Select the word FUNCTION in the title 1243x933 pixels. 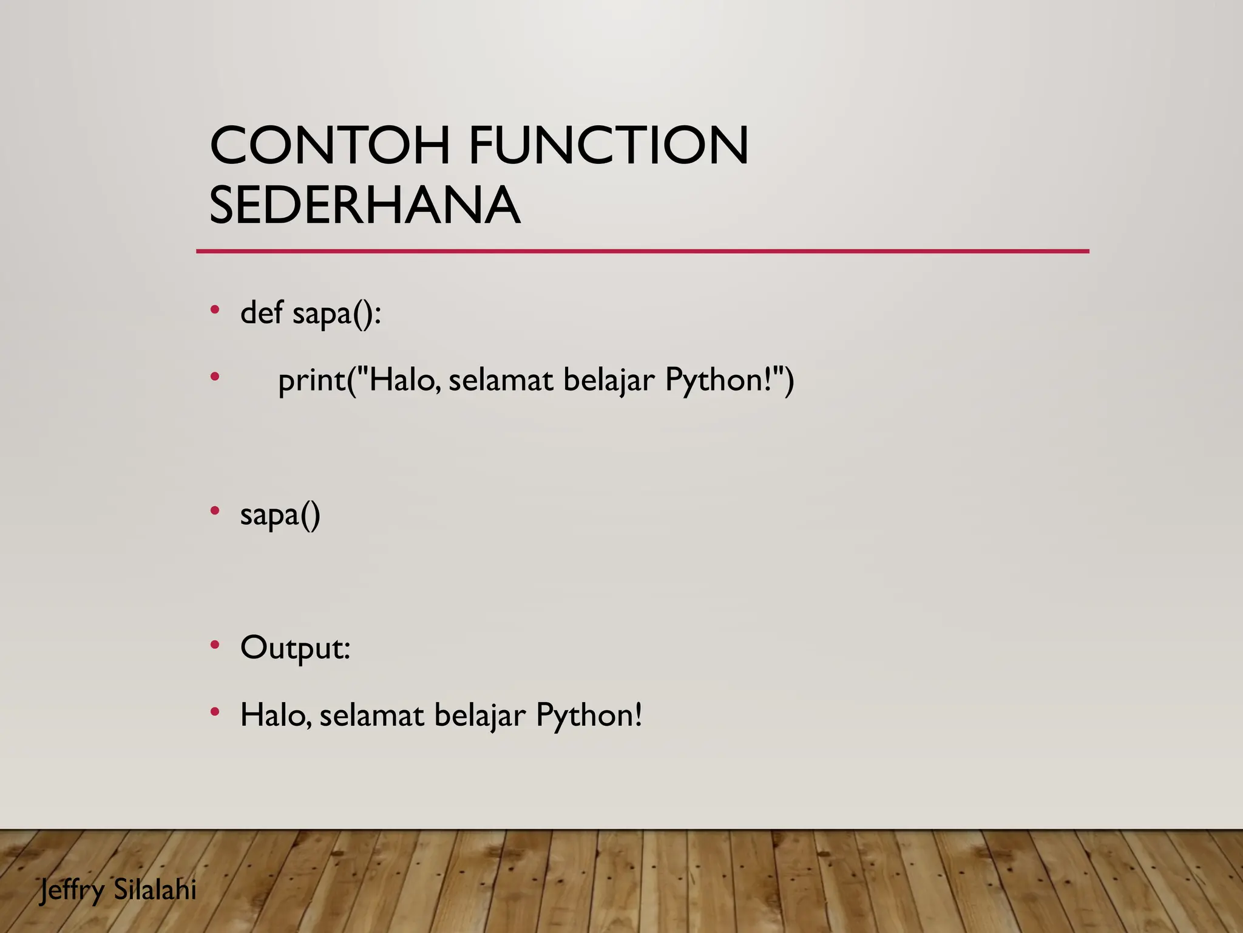pos(609,145)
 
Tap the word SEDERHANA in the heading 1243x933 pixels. pos(364,205)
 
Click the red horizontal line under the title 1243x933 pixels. pos(642,251)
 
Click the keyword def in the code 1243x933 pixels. pos(262,313)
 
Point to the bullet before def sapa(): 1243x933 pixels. pos(214,310)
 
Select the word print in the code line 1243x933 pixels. pos(311,381)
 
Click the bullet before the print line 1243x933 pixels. pos(214,377)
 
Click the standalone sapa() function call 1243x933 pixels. pos(280,516)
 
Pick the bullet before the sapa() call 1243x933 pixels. pos(214,511)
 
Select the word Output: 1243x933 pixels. pos(296,648)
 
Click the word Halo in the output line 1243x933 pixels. pos(275,715)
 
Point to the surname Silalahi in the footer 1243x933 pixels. pos(155,890)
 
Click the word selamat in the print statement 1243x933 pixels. pos(501,380)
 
